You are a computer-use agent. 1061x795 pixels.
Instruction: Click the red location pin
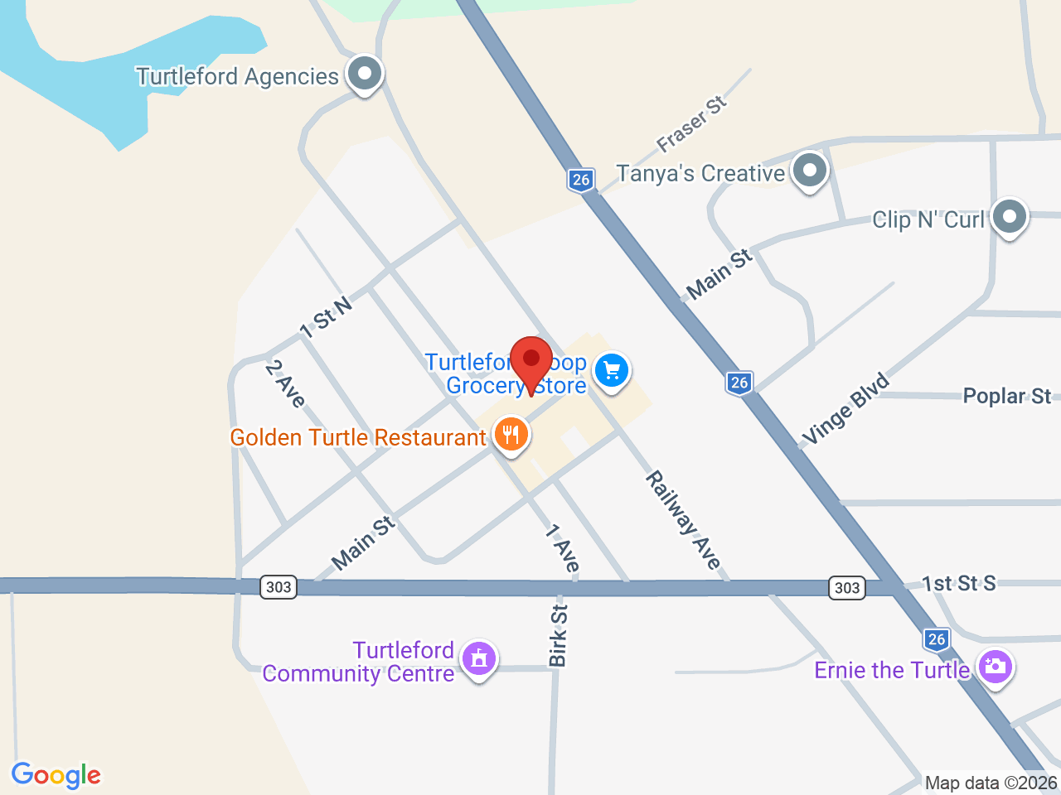(x=531, y=360)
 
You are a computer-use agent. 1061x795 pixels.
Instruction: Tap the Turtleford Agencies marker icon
(x=364, y=74)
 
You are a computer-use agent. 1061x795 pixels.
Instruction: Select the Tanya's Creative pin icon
(x=809, y=171)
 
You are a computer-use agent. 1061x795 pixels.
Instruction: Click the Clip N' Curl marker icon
(x=1009, y=217)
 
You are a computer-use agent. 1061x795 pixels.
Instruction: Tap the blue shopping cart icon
(x=612, y=370)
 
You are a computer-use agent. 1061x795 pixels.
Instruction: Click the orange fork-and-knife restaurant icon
(x=511, y=434)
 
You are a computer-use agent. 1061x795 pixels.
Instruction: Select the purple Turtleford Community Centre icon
(x=478, y=659)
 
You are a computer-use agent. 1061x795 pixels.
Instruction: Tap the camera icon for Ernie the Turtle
(x=995, y=667)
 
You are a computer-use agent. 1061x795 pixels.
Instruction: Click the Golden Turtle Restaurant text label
(x=358, y=437)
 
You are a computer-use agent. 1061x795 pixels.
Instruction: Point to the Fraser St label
(x=691, y=123)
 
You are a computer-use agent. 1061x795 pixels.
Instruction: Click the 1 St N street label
(x=326, y=318)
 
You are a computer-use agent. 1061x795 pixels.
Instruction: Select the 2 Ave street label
(x=285, y=383)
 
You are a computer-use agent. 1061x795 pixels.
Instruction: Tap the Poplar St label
(x=1006, y=396)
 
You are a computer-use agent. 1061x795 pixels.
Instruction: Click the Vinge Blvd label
(x=845, y=408)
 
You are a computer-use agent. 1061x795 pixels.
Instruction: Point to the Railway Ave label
(x=683, y=520)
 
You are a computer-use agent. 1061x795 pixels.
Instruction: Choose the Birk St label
(x=558, y=635)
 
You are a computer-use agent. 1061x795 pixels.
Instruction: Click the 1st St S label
(x=959, y=583)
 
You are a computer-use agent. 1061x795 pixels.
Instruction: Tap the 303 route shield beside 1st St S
(x=846, y=587)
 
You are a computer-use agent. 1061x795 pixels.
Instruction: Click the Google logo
(x=56, y=776)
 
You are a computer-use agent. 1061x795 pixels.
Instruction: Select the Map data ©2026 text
(x=991, y=783)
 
